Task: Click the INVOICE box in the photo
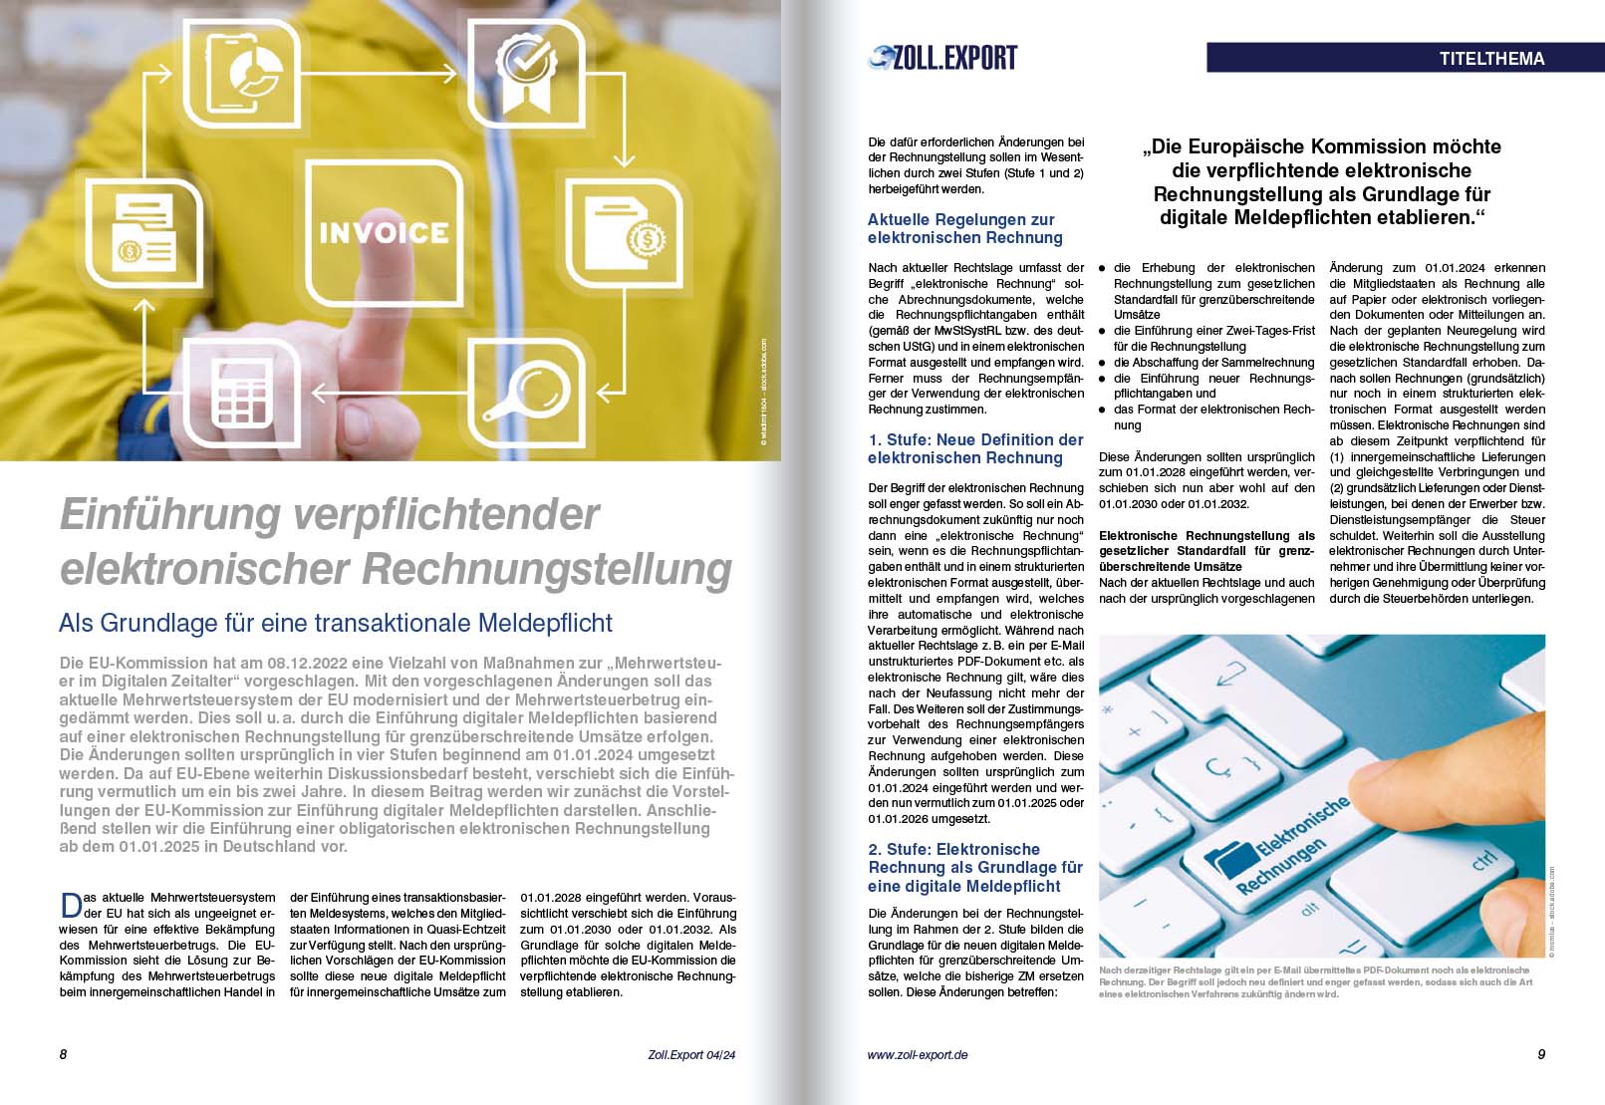[x=384, y=233]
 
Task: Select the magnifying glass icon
[x=527, y=393]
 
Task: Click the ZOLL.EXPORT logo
[x=942, y=58]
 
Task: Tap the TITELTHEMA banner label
[x=1490, y=58]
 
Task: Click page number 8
[x=64, y=1054]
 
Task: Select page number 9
[x=1540, y=1054]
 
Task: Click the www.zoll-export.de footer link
[x=917, y=1054]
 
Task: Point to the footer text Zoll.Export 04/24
[x=690, y=1054]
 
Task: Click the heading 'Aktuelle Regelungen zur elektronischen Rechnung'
[x=964, y=228]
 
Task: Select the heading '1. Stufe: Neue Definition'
[x=974, y=448]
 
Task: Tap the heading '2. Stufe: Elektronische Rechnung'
[x=974, y=867]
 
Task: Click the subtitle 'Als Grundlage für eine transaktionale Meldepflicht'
[x=336, y=623]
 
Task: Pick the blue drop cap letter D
[x=71, y=905]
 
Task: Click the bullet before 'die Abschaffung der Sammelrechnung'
[x=1102, y=363]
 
